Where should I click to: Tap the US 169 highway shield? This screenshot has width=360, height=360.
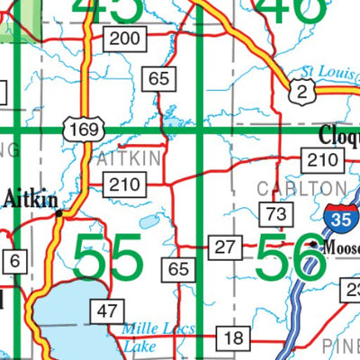coord(78,130)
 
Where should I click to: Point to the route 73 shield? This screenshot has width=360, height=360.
coord(276,213)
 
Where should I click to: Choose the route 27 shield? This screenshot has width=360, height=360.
coord(224,246)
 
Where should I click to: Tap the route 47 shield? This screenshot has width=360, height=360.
coord(108,311)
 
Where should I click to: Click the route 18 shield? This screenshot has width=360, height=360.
coord(234,338)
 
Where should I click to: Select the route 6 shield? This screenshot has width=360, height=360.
coord(16,261)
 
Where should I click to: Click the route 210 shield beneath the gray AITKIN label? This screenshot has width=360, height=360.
coord(125,186)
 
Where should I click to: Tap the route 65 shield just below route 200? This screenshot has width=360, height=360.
coord(159,78)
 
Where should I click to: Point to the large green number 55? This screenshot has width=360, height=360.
coord(108,258)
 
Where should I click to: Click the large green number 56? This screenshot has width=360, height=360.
coord(290,258)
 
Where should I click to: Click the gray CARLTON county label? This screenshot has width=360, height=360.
coord(301,188)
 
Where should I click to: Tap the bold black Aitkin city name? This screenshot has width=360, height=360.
coord(31,199)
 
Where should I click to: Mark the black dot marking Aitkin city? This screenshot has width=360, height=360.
coord(58,214)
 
